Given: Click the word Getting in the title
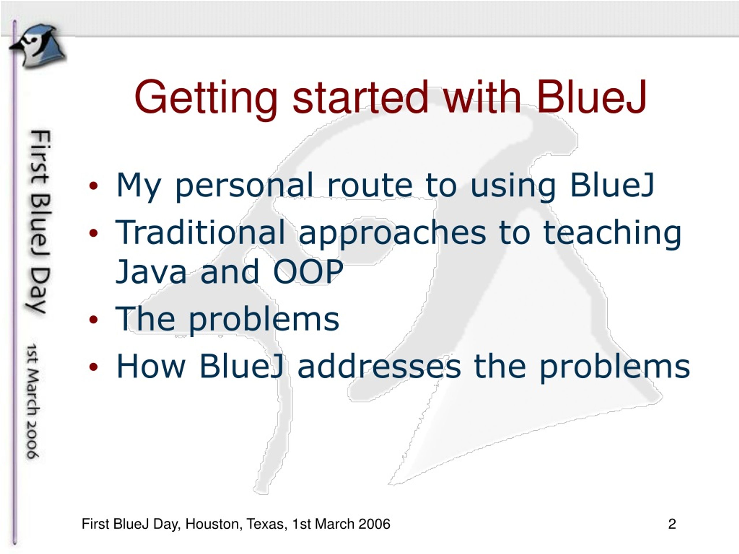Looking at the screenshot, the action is tap(206, 100).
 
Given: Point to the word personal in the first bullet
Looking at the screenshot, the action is tap(244, 187).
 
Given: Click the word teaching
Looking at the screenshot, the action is tap(612, 234).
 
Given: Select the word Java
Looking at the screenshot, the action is tap(150, 271).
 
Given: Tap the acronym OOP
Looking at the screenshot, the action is tap(308, 271).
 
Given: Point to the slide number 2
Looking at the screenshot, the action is tap(672, 524).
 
